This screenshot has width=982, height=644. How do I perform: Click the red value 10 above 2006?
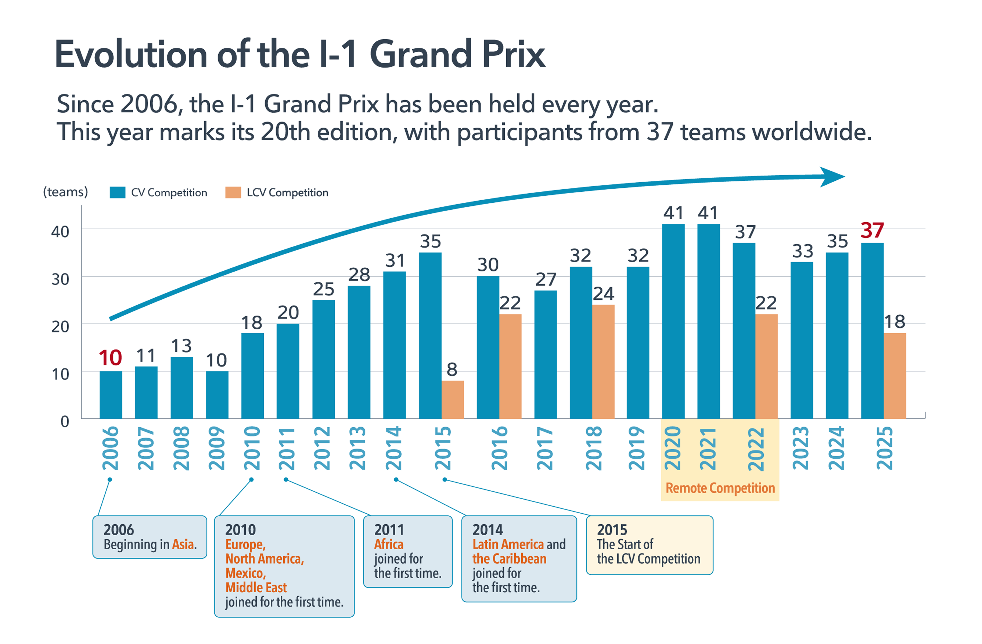point(110,358)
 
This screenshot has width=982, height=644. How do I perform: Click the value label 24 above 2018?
point(603,294)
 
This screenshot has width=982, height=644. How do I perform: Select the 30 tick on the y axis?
point(60,279)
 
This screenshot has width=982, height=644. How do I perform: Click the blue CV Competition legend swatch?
point(118,193)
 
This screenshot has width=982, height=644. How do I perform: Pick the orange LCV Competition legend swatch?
point(233,193)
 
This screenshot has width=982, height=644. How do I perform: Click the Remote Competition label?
point(720,488)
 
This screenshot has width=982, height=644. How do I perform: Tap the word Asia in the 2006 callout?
point(183,545)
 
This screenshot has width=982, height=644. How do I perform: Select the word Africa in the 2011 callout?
point(389,545)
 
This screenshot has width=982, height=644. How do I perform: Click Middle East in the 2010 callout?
point(256,587)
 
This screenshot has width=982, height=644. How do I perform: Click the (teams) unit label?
point(66,192)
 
